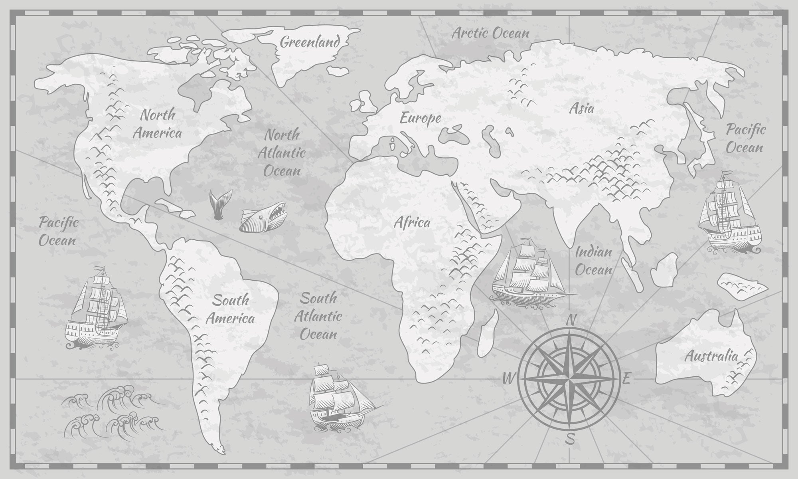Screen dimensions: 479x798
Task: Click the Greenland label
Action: pos(310,42)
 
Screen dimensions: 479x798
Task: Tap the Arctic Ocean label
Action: pos(490,33)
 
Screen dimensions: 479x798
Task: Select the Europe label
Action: pos(420,118)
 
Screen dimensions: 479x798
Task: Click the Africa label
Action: pos(412,222)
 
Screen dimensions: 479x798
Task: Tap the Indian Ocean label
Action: pos(593,261)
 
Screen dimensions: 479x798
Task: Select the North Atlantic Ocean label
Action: pos(282,153)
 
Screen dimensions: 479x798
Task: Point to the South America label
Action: pos(231,309)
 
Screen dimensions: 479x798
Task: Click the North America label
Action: pos(157,124)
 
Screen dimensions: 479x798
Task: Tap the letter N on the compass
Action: pos(572,320)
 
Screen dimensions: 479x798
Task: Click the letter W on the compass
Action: pos(508,378)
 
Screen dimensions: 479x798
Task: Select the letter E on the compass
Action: pos(626,378)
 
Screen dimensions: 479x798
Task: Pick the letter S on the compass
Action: pos(571,438)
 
